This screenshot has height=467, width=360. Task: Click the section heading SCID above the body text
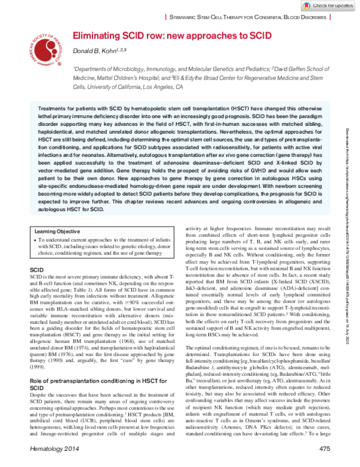(x=37, y=271)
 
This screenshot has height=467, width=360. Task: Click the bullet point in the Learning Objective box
(x=37, y=240)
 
